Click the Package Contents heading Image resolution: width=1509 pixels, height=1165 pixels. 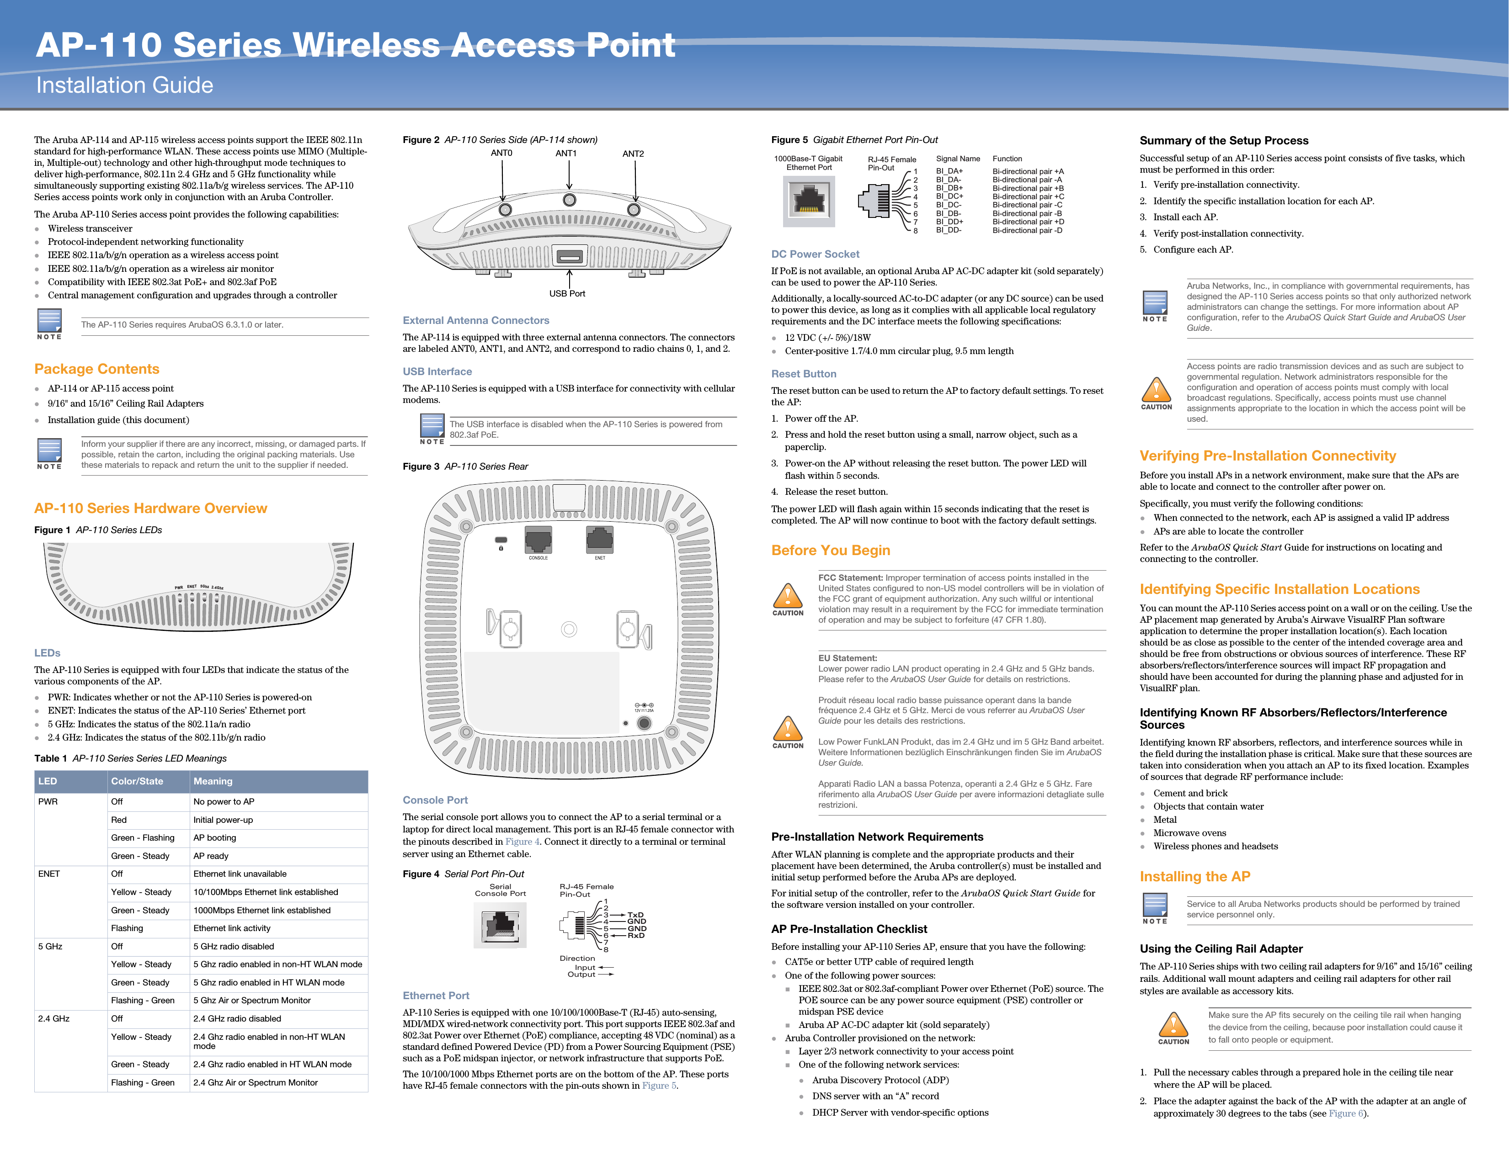coord(97,369)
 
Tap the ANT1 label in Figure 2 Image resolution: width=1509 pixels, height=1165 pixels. coord(566,154)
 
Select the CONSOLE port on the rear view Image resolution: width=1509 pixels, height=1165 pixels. coord(538,540)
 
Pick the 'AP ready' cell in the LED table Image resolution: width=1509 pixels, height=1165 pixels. coord(211,856)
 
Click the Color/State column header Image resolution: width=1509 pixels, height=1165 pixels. coord(137,781)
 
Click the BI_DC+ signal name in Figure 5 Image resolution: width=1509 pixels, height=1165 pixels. coord(949,196)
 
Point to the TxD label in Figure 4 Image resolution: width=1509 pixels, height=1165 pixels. coord(635,914)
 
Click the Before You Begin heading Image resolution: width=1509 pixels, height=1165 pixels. coord(831,551)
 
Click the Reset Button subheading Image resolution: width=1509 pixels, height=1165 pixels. coord(804,374)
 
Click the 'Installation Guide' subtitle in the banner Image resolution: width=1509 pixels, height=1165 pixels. coord(124,85)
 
